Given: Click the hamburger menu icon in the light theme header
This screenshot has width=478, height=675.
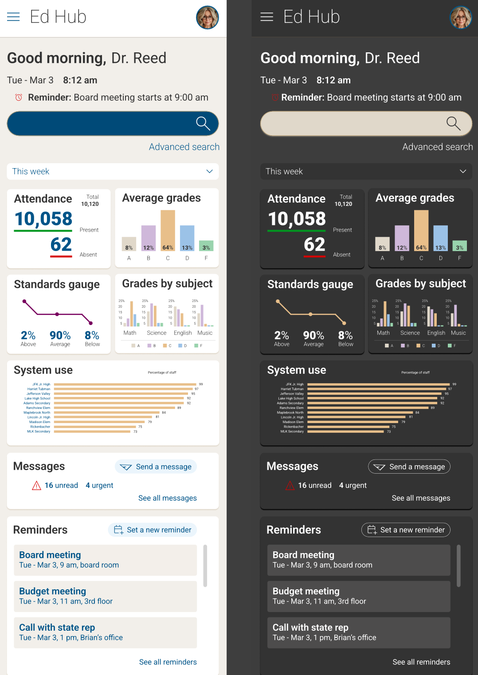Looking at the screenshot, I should (x=13, y=17).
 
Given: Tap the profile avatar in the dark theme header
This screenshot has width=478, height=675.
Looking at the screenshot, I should (x=461, y=17).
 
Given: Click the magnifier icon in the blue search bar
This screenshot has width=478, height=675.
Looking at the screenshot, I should (x=203, y=123).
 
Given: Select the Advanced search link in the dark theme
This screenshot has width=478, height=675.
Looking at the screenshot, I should (x=437, y=147).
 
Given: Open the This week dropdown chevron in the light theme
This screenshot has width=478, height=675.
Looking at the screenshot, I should (x=209, y=172).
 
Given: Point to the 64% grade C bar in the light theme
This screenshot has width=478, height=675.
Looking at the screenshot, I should (x=168, y=230).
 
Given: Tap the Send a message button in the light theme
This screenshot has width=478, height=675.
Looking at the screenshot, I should (x=156, y=467).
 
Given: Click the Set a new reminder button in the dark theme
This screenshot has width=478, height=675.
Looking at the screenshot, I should (x=406, y=530).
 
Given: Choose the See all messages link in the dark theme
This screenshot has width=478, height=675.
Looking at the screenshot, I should (x=421, y=498).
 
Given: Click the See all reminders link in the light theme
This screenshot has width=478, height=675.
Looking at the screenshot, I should (x=168, y=662).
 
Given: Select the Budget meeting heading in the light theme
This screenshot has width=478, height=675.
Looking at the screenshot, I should (x=53, y=591).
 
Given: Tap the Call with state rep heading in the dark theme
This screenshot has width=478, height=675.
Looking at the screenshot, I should (x=310, y=628).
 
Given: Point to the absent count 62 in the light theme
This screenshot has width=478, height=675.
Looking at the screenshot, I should (x=61, y=244).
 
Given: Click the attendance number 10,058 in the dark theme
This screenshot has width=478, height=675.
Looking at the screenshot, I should (x=297, y=219).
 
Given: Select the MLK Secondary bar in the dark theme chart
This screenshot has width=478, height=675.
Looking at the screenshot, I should (x=346, y=432).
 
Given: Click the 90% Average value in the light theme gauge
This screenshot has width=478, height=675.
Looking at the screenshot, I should (x=60, y=335).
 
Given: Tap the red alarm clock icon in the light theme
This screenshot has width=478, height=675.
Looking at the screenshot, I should (x=19, y=98).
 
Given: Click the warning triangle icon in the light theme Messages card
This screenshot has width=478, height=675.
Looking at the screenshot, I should (x=36, y=486).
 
